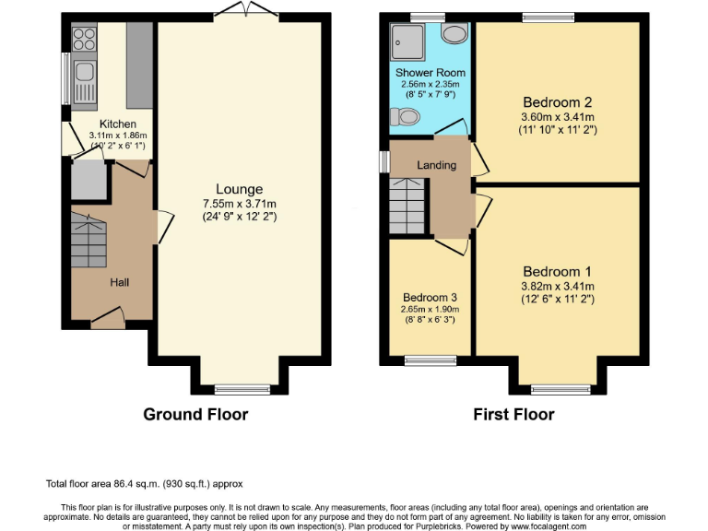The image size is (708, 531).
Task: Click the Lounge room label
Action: pos(239,189)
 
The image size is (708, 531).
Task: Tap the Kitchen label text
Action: pos(118,124)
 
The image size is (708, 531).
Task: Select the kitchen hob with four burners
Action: pos(84,40)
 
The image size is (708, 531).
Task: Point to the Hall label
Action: pos(120,282)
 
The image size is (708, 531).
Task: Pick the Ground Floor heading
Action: pos(195,415)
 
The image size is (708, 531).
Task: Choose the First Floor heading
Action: pos(513,415)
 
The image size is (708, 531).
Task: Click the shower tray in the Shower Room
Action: pos(406,40)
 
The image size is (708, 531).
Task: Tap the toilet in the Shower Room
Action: pos(405,116)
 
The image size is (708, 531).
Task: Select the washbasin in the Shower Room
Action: pos(454,34)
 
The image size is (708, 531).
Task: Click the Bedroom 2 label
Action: pos(556,101)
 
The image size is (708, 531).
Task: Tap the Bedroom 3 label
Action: pos(430,298)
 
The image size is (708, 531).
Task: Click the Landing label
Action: pos(436,165)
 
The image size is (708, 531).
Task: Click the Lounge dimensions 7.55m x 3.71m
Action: pos(239,204)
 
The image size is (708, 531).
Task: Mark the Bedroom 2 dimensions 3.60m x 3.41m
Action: pos(556,116)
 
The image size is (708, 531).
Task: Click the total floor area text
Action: pos(144,483)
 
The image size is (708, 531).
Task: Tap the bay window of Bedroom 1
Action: pos(559,388)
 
